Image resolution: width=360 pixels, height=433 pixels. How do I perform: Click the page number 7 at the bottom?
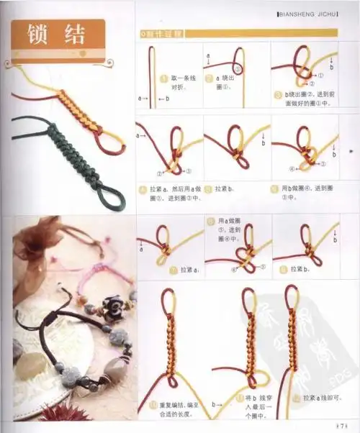coord(344,424)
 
